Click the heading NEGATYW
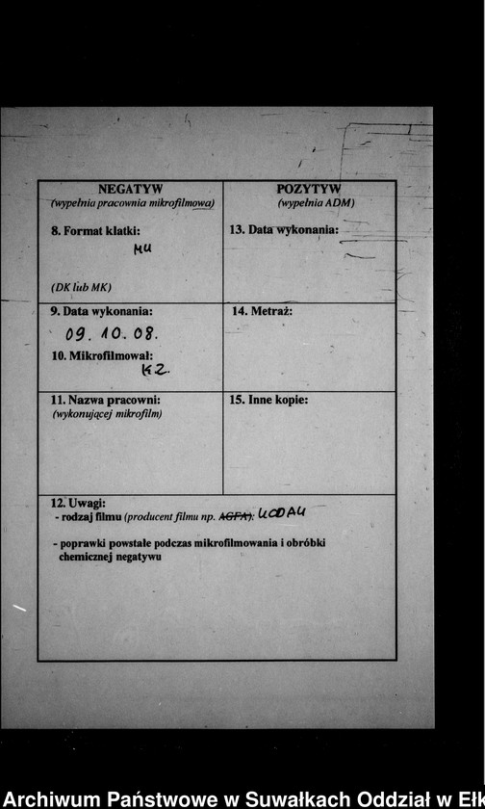pos(131,190)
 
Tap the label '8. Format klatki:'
pos(96,231)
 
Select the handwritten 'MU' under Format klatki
pos(143,248)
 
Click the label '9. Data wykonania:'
pos(102,311)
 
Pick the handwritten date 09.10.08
pos(113,335)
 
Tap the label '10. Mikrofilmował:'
pos(102,356)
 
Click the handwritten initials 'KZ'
pos(156,370)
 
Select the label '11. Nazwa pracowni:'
pos(105,400)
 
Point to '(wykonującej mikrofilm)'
pos(107,413)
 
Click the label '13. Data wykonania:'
pos(284,230)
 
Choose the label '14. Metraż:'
pos(263,311)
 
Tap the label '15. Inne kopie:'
pos(269,400)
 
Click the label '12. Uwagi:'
pos(78,503)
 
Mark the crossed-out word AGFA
pos(237,516)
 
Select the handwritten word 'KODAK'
pos(282,513)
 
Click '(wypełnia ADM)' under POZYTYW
pos(316,203)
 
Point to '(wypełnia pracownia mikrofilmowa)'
pos(132,203)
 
